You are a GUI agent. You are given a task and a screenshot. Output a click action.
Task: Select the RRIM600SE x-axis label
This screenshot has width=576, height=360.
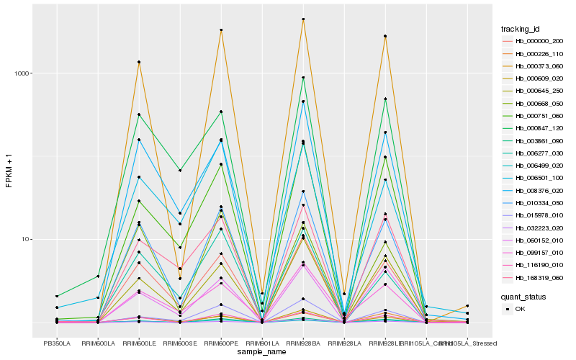click(x=180, y=344)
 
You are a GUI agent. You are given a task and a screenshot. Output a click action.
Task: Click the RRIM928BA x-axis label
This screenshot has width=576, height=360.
click(x=303, y=344)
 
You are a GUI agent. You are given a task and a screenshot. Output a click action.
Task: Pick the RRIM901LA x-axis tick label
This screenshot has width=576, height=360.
click(x=262, y=344)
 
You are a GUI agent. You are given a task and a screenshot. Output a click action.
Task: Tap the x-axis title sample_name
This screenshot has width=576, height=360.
click(x=262, y=353)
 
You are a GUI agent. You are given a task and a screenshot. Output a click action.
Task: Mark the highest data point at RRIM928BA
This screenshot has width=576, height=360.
click(x=303, y=19)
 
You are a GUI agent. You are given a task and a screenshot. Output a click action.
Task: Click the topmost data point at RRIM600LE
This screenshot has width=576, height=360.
click(x=139, y=62)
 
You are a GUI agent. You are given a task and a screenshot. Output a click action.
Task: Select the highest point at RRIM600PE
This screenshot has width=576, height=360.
click(x=221, y=30)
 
